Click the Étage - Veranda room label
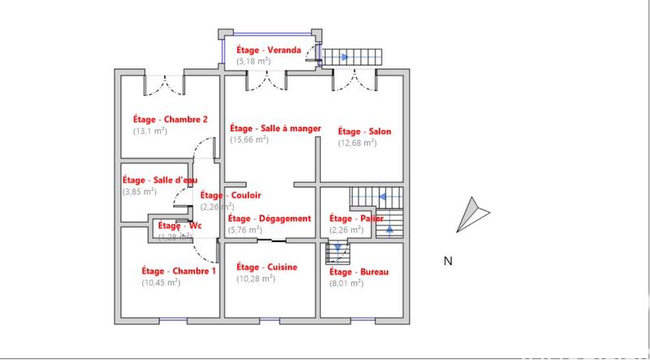[x=269, y=50]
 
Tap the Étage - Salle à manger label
[x=275, y=128]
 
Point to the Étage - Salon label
[x=364, y=132]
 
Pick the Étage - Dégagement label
[x=270, y=219]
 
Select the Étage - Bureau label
[x=358, y=271]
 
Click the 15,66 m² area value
[x=249, y=140]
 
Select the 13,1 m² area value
[x=149, y=130]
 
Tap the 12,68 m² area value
[x=357, y=143]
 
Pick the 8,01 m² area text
[x=345, y=283]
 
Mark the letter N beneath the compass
[x=447, y=261]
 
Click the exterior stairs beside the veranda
[x=353, y=58]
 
